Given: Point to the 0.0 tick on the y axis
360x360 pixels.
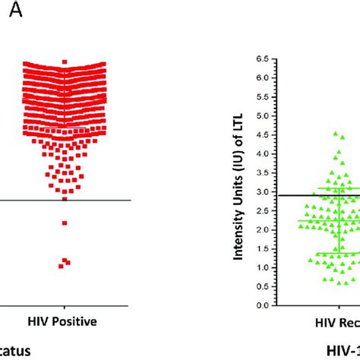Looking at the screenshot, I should click(x=262, y=305).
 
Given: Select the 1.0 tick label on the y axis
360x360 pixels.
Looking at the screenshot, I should click(x=262, y=267).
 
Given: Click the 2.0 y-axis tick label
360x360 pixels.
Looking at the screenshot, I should click(x=262, y=229).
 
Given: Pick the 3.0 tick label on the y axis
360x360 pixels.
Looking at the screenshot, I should click(x=262, y=191).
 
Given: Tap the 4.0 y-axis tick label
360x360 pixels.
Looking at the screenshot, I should click(x=262, y=153).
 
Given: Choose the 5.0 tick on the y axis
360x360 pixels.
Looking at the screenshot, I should click(x=262, y=115).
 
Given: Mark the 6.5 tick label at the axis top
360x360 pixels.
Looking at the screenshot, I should click(x=262, y=58).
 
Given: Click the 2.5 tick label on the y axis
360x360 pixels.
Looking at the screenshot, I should click(x=262, y=210).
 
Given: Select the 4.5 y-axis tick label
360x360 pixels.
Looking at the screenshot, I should click(x=262, y=134).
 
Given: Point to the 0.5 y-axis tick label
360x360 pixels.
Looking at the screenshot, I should click(x=262, y=286).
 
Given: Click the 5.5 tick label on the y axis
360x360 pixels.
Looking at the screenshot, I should click(x=262, y=96).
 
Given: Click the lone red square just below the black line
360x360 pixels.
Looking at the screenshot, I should click(x=65, y=223).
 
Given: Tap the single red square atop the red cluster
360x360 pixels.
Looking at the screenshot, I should click(x=65, y=61).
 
